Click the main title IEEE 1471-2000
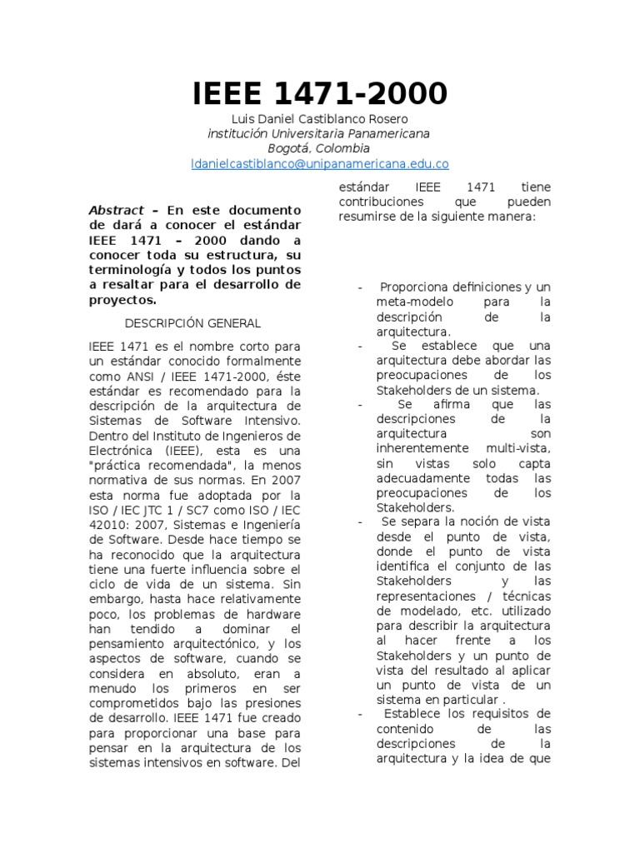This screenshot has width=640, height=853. [320, 93]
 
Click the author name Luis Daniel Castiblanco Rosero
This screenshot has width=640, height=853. [320, 119]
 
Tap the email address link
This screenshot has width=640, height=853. [320, 164]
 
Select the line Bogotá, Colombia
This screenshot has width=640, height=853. [320, 148]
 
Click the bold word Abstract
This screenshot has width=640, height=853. [116, 211]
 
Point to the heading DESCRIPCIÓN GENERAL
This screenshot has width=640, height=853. [192, 323]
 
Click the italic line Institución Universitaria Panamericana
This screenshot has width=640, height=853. [320, 133]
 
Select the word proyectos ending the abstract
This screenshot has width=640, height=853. [122, 301]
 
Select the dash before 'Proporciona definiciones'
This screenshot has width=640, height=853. [359, 287]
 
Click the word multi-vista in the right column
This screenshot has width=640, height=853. [520, 449]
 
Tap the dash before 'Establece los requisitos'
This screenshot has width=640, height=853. [359, 714]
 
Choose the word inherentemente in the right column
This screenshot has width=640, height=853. [422, 449]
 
